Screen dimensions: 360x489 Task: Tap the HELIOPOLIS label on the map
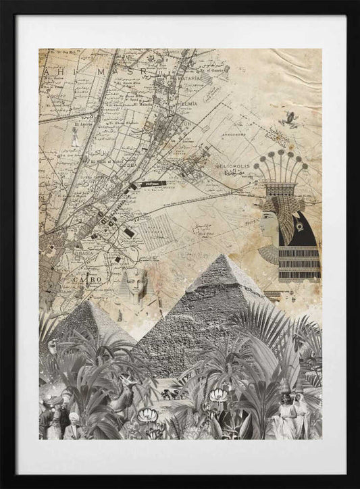click(x=234, y=165)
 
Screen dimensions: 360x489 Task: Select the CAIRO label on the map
click(x=86, y=278)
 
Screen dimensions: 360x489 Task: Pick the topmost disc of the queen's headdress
click(x=280, y=153)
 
